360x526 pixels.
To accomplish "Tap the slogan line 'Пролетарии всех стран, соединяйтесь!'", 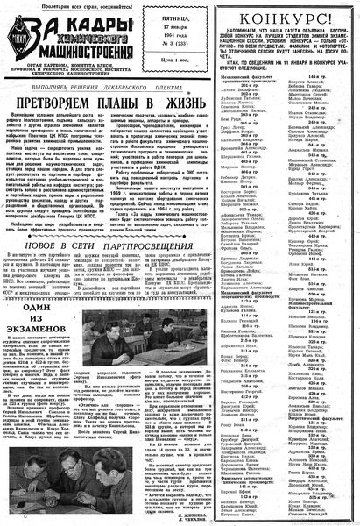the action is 72,7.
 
